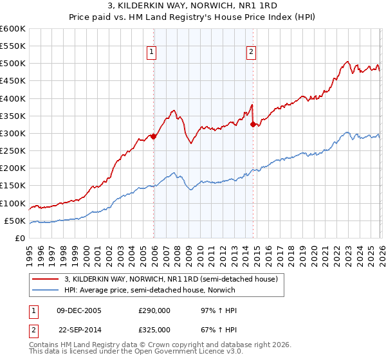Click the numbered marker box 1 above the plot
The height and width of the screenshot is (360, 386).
point(151,53)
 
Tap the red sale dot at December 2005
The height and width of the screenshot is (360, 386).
point(154,136)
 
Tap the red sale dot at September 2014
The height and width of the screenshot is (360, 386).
point(253,124)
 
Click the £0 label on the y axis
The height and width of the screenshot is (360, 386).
point(21,238)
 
